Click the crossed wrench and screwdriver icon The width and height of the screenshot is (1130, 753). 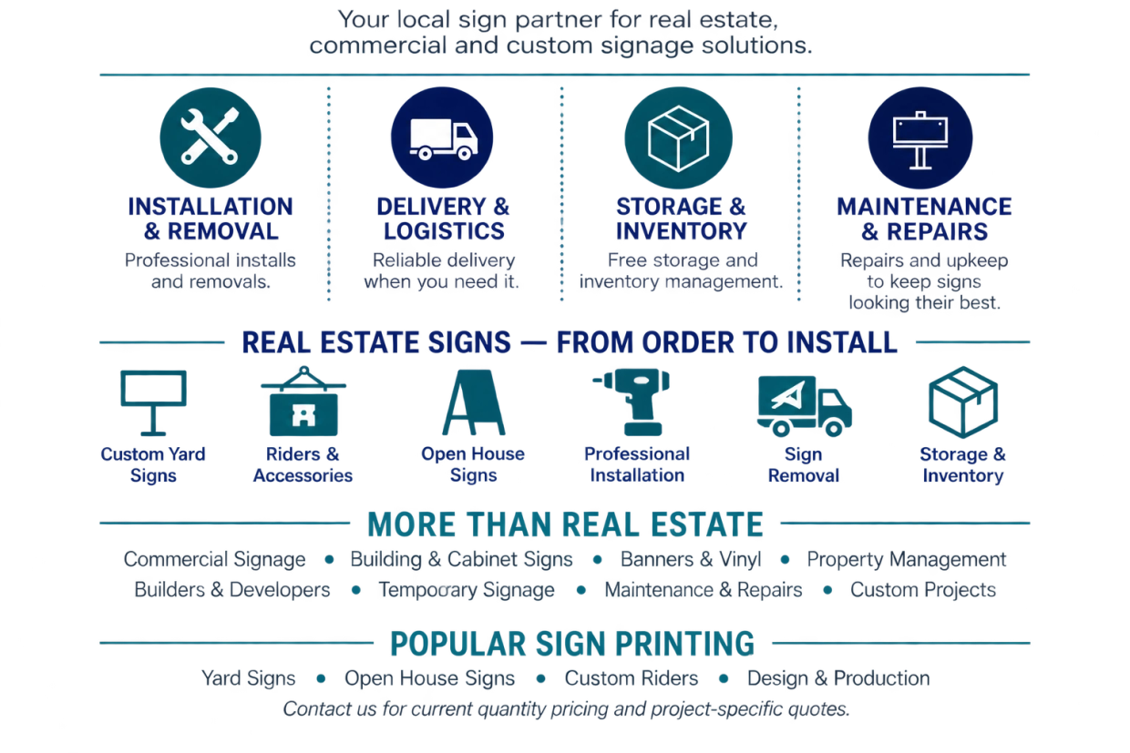[x=210, y=137]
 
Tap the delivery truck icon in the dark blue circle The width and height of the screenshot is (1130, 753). [x=444, y=139]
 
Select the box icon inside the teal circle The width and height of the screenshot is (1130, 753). [x=679, y=138]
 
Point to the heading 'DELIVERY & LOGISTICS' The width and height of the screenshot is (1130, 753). [x=444, y=219]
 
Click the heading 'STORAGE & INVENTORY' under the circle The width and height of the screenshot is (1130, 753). [x=681, y=219]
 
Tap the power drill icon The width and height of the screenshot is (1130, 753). [x=633, y=402]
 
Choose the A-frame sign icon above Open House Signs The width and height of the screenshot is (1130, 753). [x=474, y=402]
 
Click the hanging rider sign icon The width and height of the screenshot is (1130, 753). [x=303, y=402]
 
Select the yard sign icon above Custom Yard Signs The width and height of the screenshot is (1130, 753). [x=153, y=402]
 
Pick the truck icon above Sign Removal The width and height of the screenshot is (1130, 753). [x=804, y=406]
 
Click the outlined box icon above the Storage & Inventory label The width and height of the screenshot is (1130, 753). [x=963, y=402]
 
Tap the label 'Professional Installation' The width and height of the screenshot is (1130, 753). [x=637, y=464]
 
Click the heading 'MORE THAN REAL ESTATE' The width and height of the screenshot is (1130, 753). [x=566, y=524]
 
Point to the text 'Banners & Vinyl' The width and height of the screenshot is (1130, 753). [x=691, y=559]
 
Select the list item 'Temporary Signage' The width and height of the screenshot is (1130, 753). [x=467, y=590]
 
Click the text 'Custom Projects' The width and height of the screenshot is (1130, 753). [x=923, y=590]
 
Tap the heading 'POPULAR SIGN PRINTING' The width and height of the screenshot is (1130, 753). [x=572, y=644]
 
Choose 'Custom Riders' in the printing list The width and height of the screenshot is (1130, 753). [x=632, y=678]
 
